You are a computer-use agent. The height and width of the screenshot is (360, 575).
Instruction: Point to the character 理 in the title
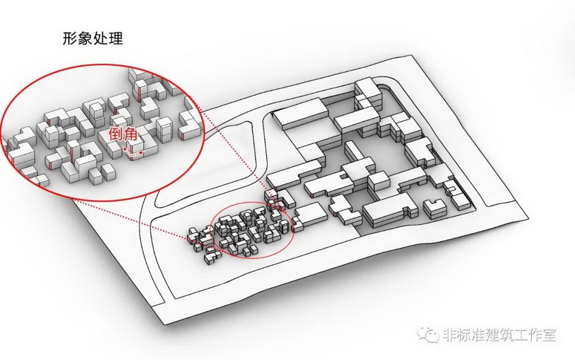click(x=116, y=38)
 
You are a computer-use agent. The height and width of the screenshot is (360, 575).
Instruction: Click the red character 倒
click(x=116, y=135)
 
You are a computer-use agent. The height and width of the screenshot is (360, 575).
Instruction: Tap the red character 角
click(x=131, y=135)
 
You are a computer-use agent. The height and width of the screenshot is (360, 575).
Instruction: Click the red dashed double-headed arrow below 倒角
click(x=133, y=153)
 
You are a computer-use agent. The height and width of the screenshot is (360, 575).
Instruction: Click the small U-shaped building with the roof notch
click(x=435, y=207)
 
